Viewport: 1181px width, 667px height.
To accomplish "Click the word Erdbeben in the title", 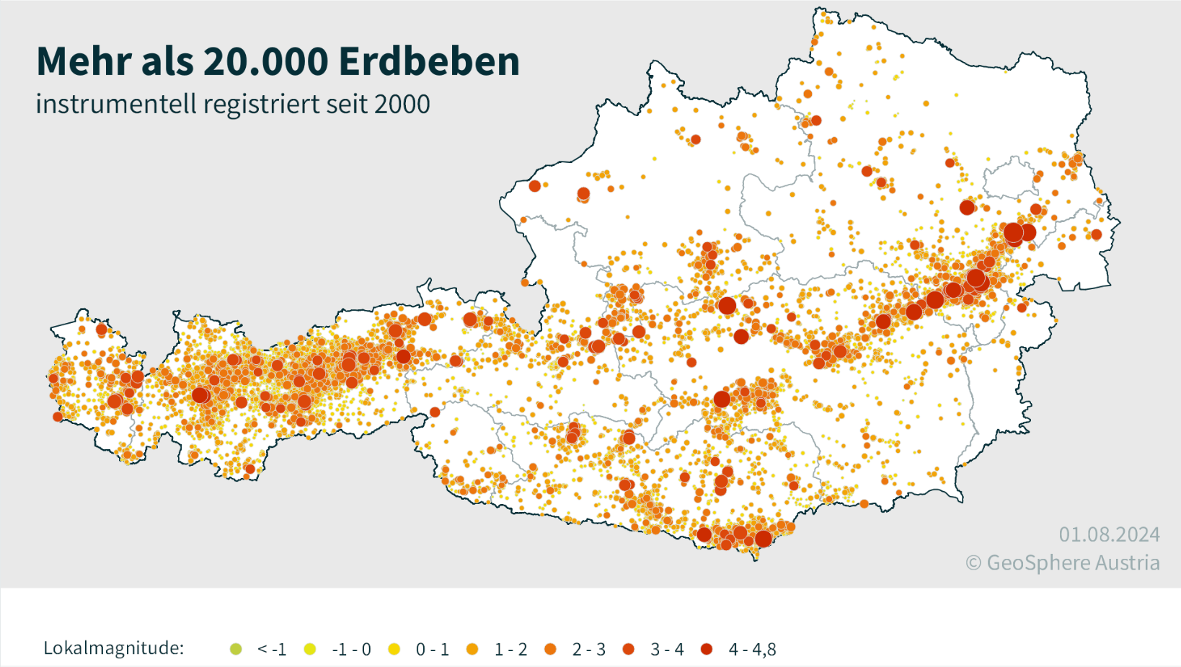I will coord(429,61).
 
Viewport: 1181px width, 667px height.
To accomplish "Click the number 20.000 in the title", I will coord(266,61).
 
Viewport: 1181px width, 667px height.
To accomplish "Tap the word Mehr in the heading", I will coord(84,61).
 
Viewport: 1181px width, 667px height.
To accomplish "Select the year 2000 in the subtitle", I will coord(402,105).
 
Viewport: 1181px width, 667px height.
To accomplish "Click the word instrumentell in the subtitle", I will coord(116,105).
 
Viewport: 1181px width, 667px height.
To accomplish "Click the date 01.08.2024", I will coord(1109,535).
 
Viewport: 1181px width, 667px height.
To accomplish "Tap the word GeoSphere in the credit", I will coord(1032,563).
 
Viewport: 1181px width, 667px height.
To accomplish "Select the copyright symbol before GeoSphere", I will coord(973,564).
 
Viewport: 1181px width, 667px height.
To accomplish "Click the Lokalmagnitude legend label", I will coord(113,648).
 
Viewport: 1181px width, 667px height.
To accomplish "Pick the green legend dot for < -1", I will coord(236,649).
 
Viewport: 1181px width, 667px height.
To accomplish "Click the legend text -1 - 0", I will coord(351,650).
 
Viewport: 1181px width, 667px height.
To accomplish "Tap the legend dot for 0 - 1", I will coord(394,649).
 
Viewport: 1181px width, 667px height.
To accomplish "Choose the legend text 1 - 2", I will coord(510,650).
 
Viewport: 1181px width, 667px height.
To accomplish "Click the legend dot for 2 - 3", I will coord(551,649).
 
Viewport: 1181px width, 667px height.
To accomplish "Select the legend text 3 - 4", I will coord(667,650).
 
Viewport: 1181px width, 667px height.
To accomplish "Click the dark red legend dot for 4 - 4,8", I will coord(707,649).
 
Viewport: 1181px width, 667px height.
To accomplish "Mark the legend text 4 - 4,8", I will coord(752,650).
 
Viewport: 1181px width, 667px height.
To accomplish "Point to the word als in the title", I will coord(167,61).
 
